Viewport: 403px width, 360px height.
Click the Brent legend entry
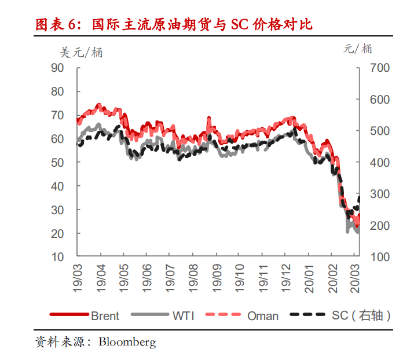(105, 315)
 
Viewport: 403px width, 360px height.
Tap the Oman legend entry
(262, 315)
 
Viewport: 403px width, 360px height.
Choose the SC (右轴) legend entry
(357, 315)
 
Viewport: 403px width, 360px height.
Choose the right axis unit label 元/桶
(357, 49)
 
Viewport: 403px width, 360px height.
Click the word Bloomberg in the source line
(127, 342)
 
